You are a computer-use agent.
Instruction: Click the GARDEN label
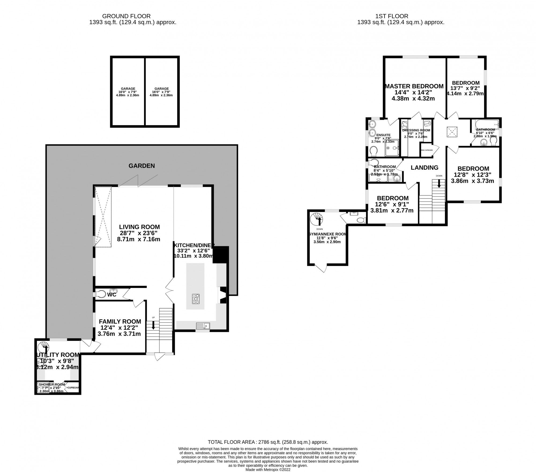coord(142,166)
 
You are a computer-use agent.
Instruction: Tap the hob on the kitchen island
coord(196,299)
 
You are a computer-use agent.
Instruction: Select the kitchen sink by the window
coord(203,326)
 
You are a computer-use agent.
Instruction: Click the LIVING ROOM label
coord(139,227)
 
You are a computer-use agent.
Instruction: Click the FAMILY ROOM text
coord(120,321)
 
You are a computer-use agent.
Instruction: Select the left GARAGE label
coord(128,89)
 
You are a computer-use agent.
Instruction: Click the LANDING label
coord(425,168)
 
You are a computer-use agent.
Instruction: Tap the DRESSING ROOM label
coord(416,130)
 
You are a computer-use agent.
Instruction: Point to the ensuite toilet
coord(373,152)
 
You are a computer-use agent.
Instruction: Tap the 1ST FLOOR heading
coord(401,16)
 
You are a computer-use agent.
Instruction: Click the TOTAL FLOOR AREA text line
coord(268,442)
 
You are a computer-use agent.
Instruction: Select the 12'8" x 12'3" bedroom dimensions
coord(473,175)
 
